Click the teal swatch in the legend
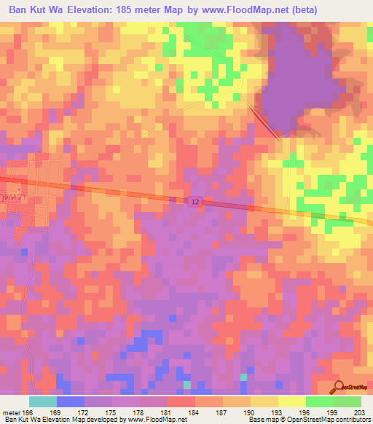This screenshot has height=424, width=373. click(43, 401)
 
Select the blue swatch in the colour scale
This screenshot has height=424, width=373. click(71, 401)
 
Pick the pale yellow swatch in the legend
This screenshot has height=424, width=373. click(291, 401)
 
